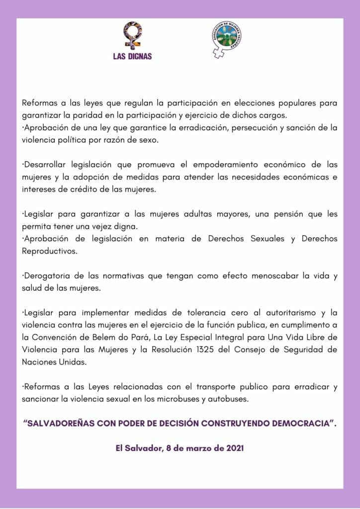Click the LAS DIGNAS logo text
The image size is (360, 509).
coord(132,57)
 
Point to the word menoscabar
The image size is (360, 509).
coord(276,276)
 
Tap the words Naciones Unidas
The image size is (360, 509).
coord(54,362)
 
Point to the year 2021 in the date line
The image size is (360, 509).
coord(235,448)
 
